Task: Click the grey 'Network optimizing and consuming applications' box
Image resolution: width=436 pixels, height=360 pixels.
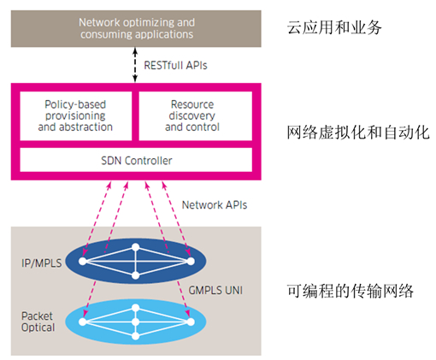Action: (x=136, y=28)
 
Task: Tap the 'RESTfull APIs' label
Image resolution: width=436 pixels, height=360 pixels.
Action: (x=175, y=65)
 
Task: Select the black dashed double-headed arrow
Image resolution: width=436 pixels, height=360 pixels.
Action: (x=135, y=65)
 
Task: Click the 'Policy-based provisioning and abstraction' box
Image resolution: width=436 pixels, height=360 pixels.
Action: (x=76, y=115)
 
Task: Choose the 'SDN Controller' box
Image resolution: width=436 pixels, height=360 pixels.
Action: (x=136, y=160)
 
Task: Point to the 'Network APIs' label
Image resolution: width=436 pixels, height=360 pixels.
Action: (x=215, y=205)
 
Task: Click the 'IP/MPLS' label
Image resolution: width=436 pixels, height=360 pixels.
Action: (x=42, y=263)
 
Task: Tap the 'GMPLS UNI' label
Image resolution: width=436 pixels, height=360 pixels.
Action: (x=215, y=291)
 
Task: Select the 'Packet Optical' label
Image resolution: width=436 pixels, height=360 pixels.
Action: (x=38, y=322)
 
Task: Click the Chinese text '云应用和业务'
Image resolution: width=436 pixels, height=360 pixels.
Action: (x=334, y=27)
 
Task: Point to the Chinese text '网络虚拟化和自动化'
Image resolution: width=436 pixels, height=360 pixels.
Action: (x=358, y=133)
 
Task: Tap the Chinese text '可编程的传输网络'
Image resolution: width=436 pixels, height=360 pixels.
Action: (x=350, y=291)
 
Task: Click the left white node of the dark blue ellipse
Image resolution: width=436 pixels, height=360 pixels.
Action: (x=83, y=261)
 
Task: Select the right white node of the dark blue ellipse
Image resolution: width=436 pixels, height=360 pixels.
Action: (x=191, y=261)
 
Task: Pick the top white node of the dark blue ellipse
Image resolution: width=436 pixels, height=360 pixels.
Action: (x=136, y=247)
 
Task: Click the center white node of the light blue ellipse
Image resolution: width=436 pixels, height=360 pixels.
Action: (x=136, y=322)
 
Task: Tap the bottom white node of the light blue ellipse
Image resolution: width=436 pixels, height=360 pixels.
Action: (x=136, y=336)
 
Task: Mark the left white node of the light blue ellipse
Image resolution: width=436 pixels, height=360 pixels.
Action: (x=83, y=322)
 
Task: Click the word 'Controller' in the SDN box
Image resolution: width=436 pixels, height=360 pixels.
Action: (x=149, y=161)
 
